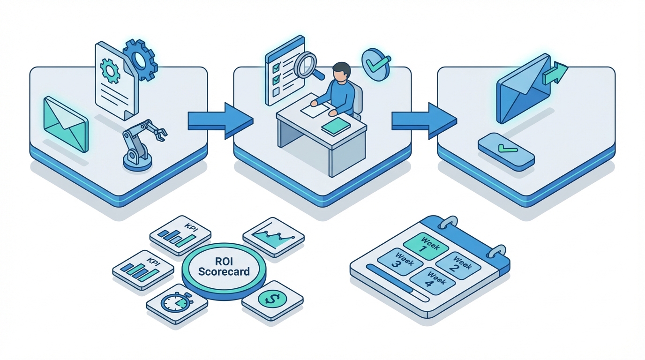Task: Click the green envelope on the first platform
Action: click(x=65, y=124)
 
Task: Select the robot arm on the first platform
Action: click(x=141, y=142)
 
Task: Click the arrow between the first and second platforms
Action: click(x=219, y=120)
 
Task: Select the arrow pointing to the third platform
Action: click(x=423, y=120)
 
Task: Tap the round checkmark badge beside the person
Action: click(x=376, y=64)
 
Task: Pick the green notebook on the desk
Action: click(x=336, y=126)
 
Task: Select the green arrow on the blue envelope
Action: click(x=555, y=73)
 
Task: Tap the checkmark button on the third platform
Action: click(x=506, y=151)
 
